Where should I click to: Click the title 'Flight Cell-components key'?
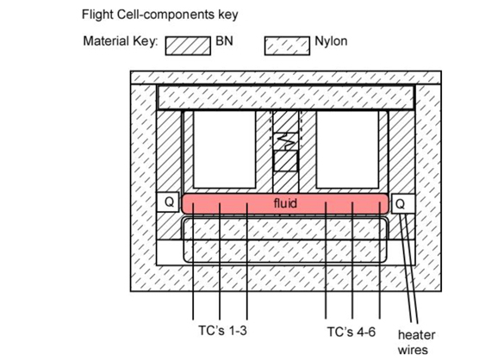pyautogui.click(x=159, y=15)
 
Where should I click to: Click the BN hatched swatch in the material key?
pyautogui.click(x=188, y=46)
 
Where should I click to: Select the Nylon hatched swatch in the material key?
pyautogui.click(x=287, y=46)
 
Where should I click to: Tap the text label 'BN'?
pyautogui.click(x=224, y=41)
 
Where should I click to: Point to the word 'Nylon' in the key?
pyautogui.click(x=331, y=41)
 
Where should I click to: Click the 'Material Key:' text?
pyautogui.click(x=121, y=41)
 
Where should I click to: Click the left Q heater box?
pyautogui.click(x=168, y=202)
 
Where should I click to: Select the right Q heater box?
pyautogui.click(x=402, y=203)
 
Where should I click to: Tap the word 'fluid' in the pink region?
pyautogui.click(x=285, y=203)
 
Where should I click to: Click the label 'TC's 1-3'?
pyautogui.click(x=222, y=331)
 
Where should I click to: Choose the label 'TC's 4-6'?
pyautogui.click(x=351, y=332)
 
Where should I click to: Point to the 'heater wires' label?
pyautogui.click(x=416, y=342)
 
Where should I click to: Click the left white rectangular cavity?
pyautogui.click(x=224, y=150)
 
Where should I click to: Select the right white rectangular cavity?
pyautogui.click(x=347, y=150)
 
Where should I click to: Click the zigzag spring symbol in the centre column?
pyautogui.click(x=286, y=141)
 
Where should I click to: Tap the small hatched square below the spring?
pyautogui.click(x=285, y=161)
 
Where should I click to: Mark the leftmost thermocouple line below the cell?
pyautogui.click(x=193, y=261)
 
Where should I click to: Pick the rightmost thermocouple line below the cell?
pyautogui.click(x=380, y=260)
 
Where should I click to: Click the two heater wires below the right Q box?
pyautogui.click(x=408, y=268)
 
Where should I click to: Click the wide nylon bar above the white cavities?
pyautogui.click(x=286, y=97)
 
